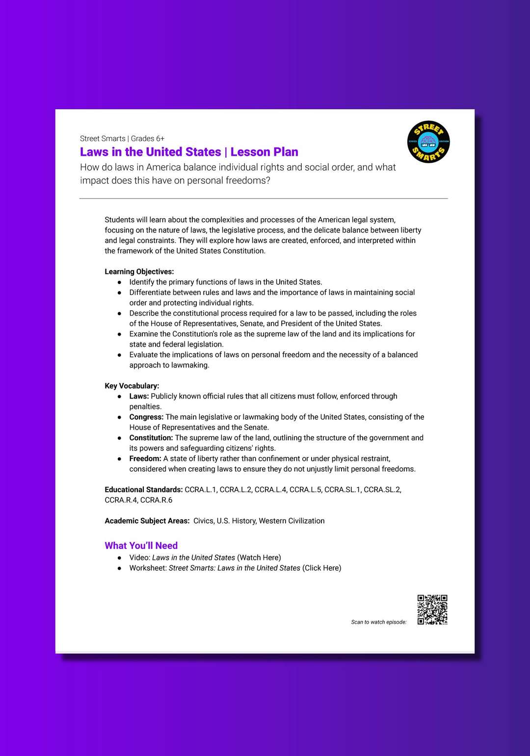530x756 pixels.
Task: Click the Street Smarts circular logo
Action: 428,142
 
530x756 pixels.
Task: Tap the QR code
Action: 432,609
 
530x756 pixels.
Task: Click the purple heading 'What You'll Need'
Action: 141,546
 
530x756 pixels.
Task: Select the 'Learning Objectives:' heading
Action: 139,272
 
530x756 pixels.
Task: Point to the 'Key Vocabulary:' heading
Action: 132,386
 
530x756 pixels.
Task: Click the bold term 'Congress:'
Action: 146,417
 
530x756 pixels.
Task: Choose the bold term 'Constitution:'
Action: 151,438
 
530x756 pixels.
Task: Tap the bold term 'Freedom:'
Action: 145,458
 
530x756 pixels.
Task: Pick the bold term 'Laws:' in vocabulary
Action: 139,396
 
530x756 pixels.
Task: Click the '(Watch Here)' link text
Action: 259,557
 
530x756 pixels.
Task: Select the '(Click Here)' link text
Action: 321,568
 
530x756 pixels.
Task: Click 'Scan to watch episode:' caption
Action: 378,622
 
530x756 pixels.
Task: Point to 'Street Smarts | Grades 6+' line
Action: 122,139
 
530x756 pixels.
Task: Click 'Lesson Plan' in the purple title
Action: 264,152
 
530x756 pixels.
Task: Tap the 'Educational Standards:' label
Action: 143,490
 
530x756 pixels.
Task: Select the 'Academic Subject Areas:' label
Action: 147,521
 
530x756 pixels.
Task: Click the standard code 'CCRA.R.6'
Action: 156,500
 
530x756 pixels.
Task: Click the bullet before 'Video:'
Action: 119,558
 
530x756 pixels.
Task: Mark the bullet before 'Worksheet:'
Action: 119,568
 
